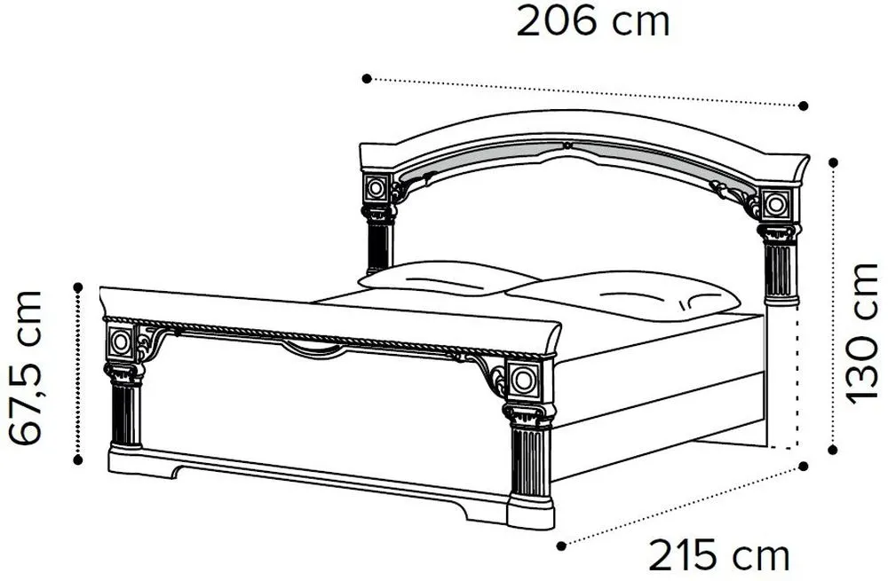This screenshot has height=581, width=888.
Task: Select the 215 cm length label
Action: point(718,556)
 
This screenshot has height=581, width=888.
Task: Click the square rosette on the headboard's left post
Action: point(377,188)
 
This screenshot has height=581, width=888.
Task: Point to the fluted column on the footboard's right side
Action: point(529,461)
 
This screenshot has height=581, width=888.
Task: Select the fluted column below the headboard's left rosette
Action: point(378,244)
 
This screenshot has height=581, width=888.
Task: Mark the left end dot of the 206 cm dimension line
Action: point(366,79)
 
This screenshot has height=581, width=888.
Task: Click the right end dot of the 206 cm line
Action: point(804,105)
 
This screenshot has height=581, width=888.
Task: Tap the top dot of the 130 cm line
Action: point(833,161)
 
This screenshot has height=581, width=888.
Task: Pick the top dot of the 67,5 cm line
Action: point(78,286)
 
